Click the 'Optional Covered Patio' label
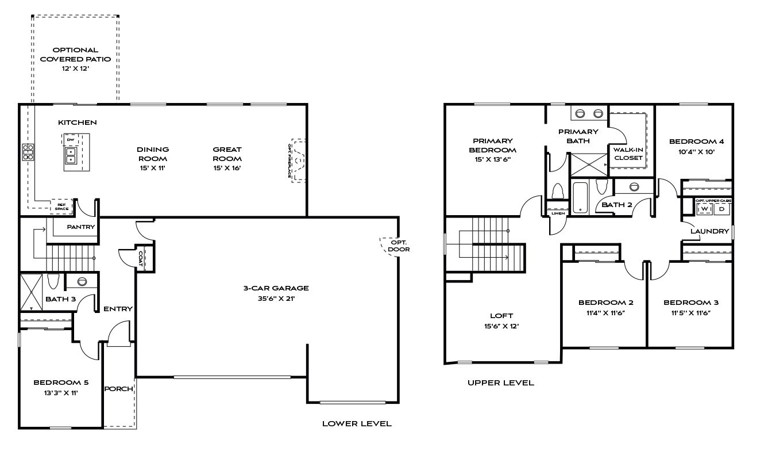tap(75, 55)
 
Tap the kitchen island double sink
tap(71, 155)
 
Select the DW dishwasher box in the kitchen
tap(71, 140)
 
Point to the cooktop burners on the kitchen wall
tap(28, 152)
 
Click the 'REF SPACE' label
tap(61, 207)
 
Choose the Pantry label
tap(81, 227)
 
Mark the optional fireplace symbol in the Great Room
tap(298, 160)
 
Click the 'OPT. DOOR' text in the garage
tap(399, 246)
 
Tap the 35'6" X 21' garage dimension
tap(276, 299)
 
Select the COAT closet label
tap(141, 259)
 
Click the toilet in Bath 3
tap(53, 281)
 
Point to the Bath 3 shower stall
tap(31, 292)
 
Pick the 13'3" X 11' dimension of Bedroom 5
tap(61, 393)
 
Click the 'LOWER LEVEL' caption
tap(357, 424)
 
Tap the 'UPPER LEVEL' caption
tap(500, 383)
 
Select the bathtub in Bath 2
tap(580, 197)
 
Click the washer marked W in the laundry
tap(705, 209)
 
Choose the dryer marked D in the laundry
tap(721, 209)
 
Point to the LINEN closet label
tap(558, 213)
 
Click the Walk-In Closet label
tap(628, 154)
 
